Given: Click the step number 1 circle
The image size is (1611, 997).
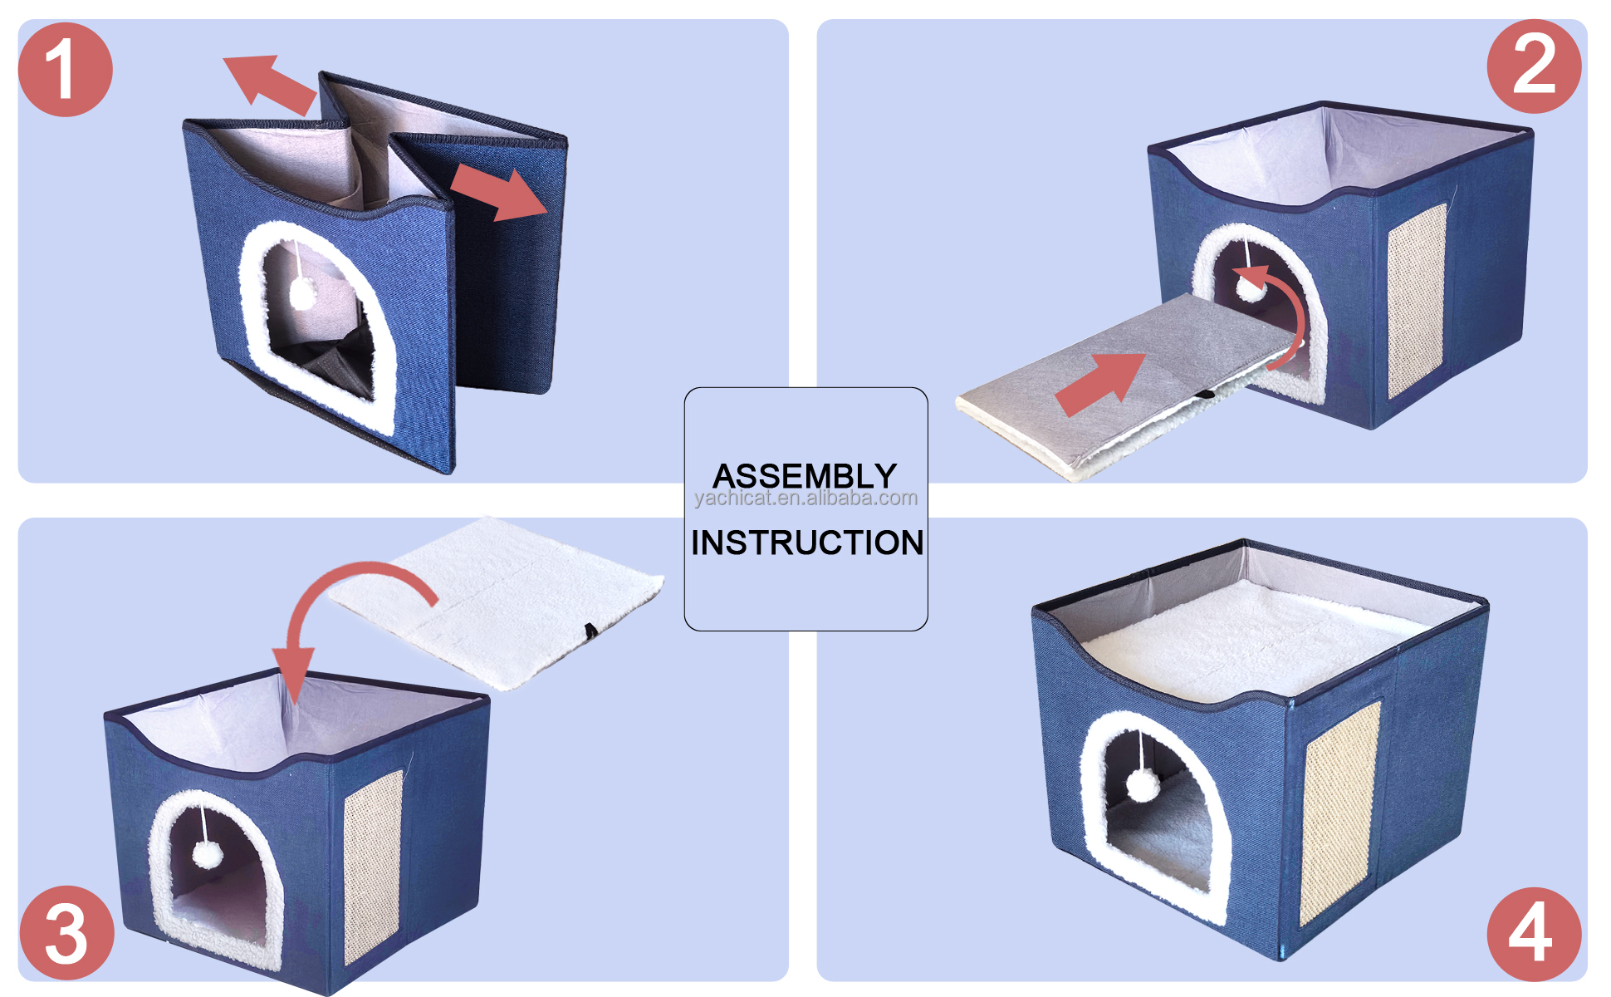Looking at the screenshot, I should pos(65,70).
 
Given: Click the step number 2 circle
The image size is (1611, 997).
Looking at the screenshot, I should pos(1533,66).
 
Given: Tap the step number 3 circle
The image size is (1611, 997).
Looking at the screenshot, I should pos(66,932).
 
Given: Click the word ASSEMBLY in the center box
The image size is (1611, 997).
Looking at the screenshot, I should pos(804,476).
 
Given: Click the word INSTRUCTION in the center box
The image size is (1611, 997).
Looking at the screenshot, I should pos(806,543).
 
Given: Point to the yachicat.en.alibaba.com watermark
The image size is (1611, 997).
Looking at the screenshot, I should pos(805,498).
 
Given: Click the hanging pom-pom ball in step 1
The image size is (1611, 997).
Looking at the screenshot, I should pos(303,292).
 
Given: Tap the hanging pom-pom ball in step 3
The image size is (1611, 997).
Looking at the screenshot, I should pos(205,853).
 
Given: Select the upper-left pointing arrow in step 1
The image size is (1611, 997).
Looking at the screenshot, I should pos(270,83).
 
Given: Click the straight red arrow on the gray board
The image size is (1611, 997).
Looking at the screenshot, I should pos(1100,382).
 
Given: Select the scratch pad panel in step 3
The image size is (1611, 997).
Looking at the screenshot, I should pos(373,864).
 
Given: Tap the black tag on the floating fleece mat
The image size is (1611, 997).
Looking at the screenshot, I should pos(590,631).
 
